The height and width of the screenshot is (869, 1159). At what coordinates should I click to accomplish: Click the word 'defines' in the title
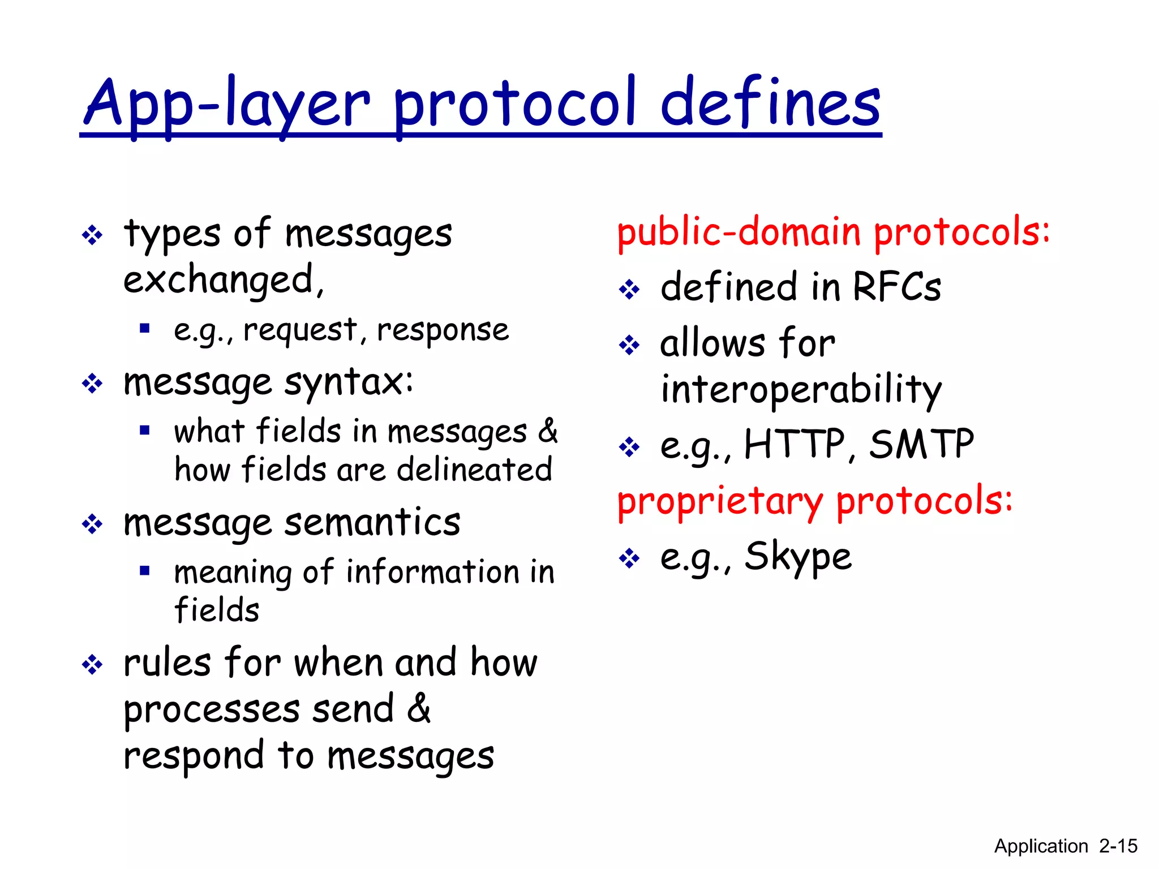tap(770, 104)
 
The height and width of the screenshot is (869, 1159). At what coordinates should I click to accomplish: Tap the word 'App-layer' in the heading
tap(227, 104)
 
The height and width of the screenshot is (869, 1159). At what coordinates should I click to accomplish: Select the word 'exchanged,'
tap(224, 280)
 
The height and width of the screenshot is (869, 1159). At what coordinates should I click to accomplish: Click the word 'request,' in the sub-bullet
tap(301, 330)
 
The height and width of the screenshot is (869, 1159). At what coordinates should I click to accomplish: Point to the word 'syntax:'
tap(349, 384)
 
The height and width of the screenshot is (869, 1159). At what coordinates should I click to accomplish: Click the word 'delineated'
tap(474, 470)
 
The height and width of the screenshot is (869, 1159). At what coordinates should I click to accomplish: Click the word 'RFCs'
tap(896, 287)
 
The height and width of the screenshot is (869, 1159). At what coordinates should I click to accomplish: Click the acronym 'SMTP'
tap(921, 445)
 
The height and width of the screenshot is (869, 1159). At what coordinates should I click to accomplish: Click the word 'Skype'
tap(797, 557)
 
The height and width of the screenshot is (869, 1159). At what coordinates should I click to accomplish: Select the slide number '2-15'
tap(1118, 846)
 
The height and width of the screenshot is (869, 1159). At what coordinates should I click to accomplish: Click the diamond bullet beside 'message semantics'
tap(92, 524)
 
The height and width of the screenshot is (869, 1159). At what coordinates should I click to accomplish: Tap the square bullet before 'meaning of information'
tap(145, 570)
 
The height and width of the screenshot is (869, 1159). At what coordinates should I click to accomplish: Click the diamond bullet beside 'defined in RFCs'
tap(629, 290)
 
